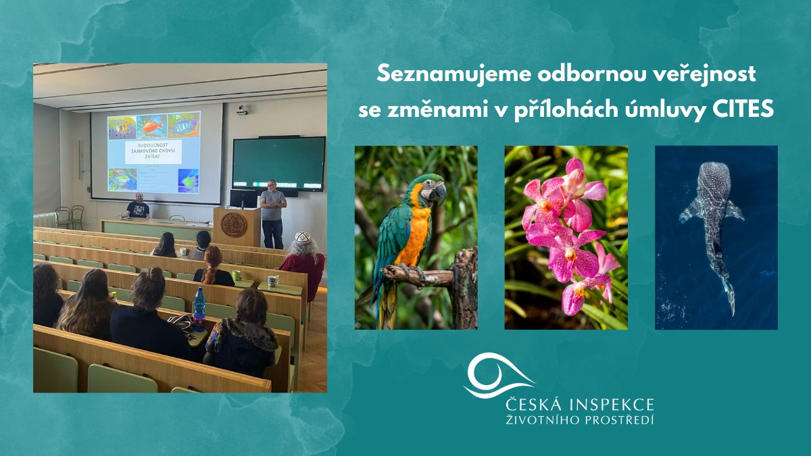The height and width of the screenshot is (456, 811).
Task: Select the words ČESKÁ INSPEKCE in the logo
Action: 580,405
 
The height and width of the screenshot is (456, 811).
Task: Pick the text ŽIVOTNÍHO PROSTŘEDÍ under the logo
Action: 580,421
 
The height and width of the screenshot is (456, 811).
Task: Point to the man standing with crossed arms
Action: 273,209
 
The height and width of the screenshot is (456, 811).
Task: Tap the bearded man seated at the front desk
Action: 139,206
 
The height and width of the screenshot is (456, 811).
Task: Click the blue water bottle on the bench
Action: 199,307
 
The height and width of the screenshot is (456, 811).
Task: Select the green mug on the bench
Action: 237,276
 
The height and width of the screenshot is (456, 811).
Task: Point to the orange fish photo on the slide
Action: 151,126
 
